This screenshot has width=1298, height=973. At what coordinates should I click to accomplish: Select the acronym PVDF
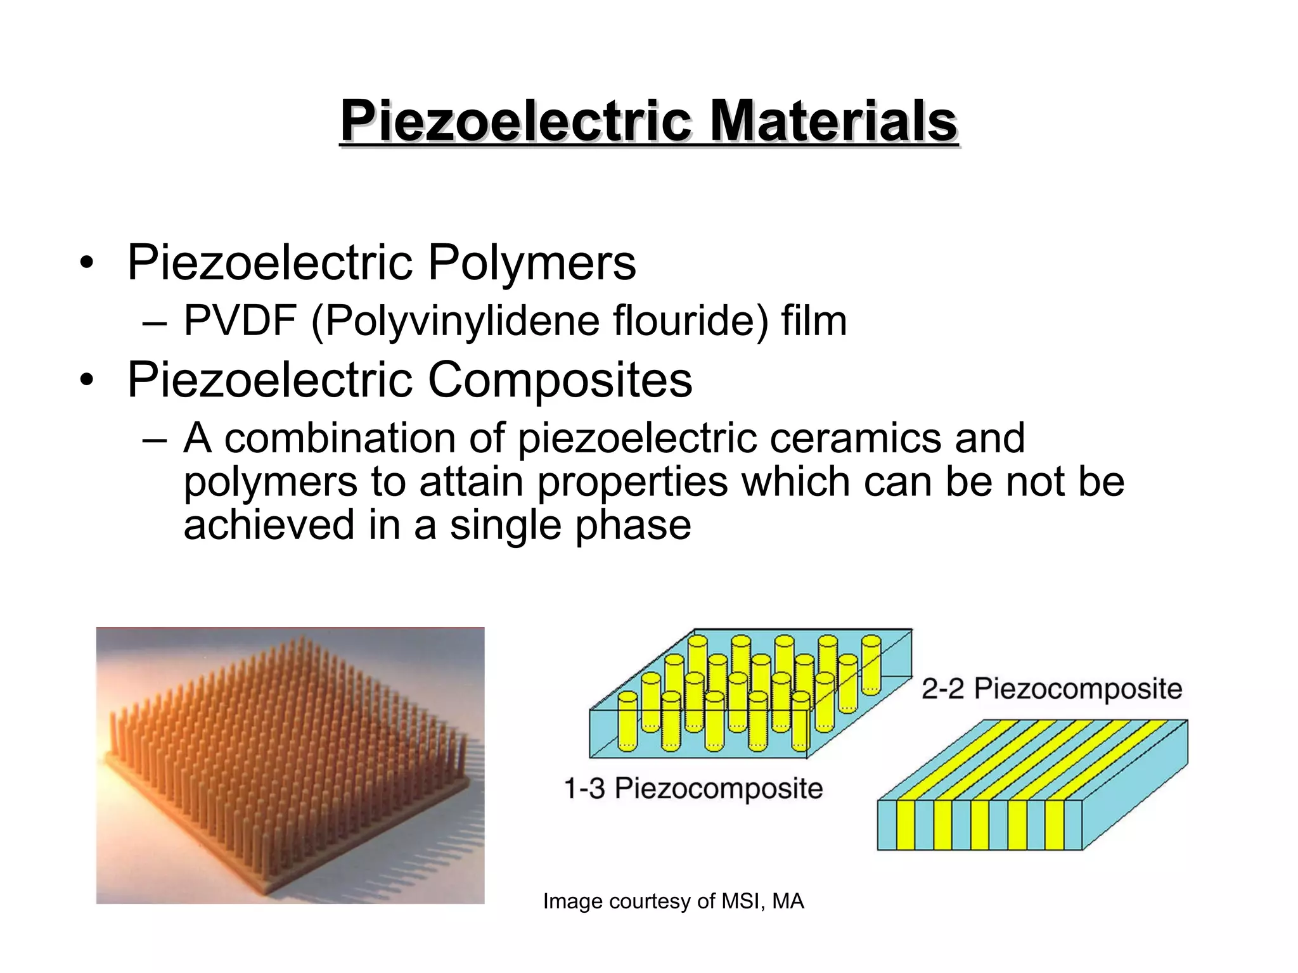coord(240,321)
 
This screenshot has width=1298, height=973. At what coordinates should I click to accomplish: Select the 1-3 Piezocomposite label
coord(693,789)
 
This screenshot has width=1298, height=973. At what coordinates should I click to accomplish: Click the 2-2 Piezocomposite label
coord(1051,689)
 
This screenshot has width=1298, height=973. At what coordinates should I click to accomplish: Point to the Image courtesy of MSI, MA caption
coord(673,901)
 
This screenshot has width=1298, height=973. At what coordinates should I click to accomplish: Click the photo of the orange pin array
coord(290,765)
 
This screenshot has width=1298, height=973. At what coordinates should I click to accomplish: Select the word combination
coord(340,438)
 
